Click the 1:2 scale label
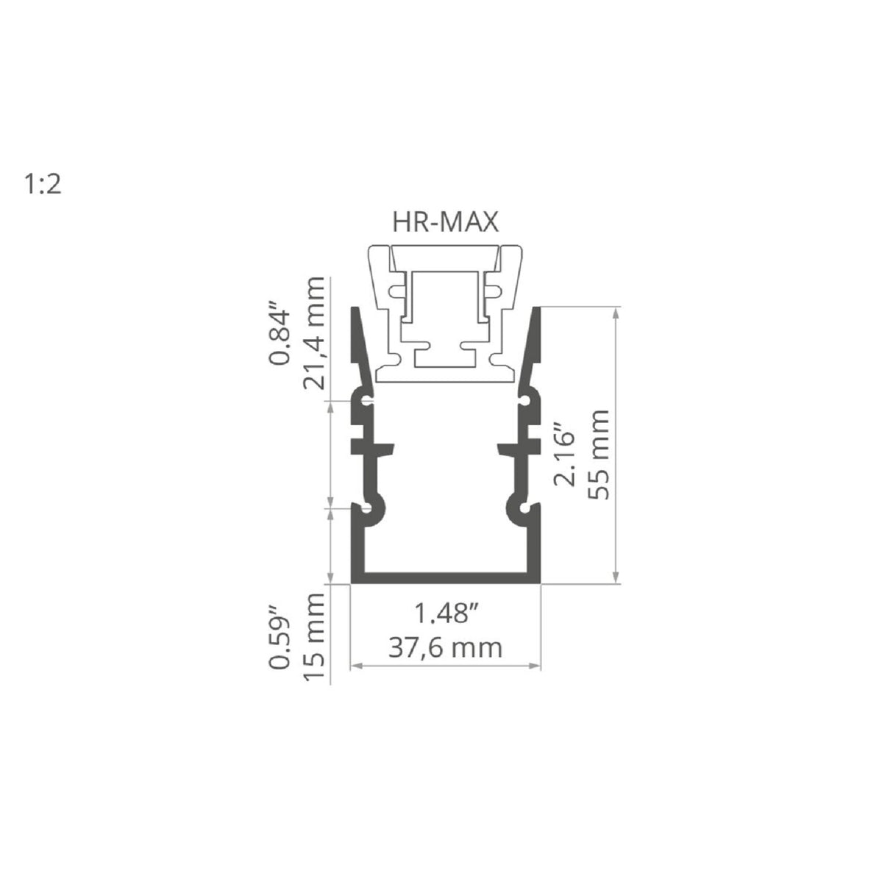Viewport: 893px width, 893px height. click(43, 185)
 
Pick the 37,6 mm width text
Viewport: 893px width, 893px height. click(446, 647)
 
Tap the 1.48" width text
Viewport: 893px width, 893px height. click(446, 614)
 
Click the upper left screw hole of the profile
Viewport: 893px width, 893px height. click(366, 401)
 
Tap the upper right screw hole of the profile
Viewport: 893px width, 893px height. click(524, 401)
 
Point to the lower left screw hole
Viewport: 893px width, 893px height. click(366, 508)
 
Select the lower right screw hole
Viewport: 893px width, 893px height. click(524, 508)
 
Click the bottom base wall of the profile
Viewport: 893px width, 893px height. click(446, 577)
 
